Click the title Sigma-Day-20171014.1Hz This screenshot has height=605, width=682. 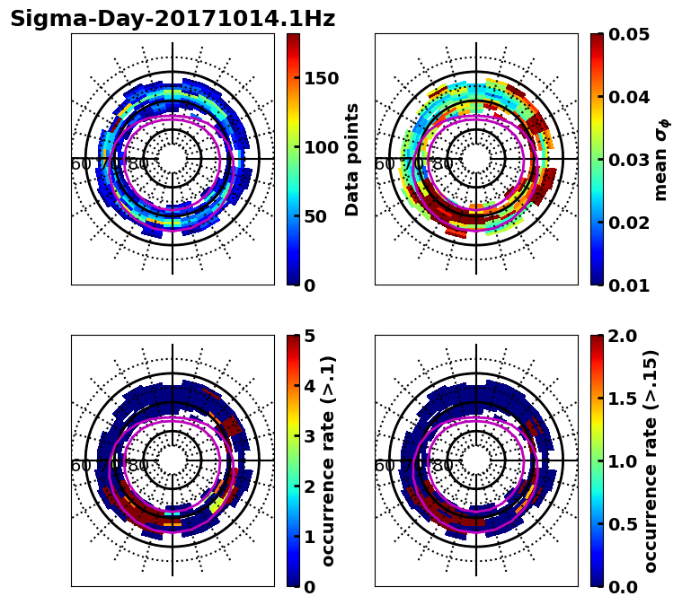point(173,20)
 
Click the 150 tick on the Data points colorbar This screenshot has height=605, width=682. point(322,78)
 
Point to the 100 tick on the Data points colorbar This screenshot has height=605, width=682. point(322,147)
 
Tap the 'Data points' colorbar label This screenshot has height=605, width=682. point(352,159)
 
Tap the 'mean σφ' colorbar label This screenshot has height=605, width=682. point(660,159)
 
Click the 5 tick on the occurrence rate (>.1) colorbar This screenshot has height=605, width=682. point(310,336)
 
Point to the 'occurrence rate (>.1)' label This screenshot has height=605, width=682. point(329,460)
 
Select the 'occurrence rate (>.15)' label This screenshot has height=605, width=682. point(651,460)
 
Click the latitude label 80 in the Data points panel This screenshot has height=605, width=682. point(138,164)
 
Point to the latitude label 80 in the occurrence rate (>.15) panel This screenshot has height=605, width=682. point(442,466)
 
